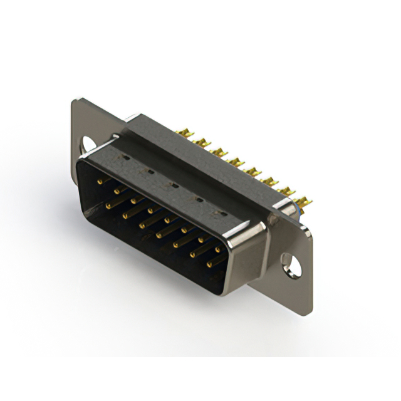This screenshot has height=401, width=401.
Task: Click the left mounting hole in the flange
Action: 88,143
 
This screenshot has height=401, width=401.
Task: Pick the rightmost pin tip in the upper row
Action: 217,250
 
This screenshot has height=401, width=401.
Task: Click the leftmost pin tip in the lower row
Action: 108,205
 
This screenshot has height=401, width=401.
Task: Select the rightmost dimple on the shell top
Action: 219,213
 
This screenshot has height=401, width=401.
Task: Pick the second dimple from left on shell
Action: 149,171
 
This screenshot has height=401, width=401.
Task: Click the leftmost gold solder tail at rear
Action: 185,134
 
